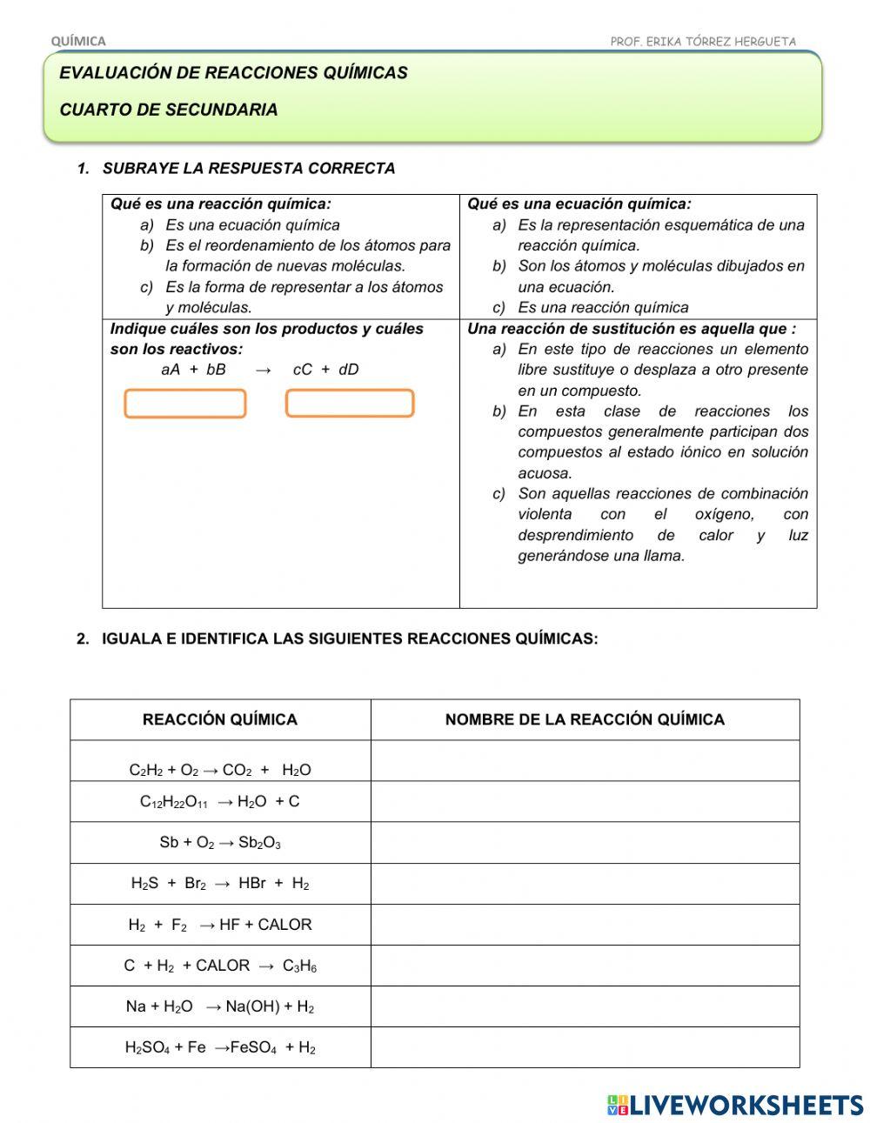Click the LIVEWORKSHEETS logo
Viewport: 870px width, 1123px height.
pyautogui.click(x=735, y=1105)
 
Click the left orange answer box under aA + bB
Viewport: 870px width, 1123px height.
pyautogui.click(x=185, y=404)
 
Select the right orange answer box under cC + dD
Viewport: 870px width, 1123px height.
pyautogui.click(x=350, y=404)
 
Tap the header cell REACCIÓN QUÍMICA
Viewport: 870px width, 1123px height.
pyautogui.click(x=220, y=719)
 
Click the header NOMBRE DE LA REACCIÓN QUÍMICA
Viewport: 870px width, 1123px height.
pyautogui.click(x=585, y=719)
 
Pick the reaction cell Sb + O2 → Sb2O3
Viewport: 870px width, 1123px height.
pyautogui.click(x=220, y=843)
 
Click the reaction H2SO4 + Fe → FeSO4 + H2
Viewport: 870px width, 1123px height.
pyautogui.click(x=220, y=1047)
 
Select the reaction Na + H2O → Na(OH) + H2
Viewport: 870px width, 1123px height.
pyautogui.click(x=220, y=1006)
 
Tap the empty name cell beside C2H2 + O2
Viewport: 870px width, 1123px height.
pyautogui.click(x=585, y=761)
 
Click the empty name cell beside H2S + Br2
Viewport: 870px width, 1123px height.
pyautogui.click(x=585, y=884)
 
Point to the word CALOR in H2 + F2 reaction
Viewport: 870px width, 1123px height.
pyautogui.click(x=284, y=925)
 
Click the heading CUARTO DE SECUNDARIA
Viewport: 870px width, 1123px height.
pyautogui.click(x=169, y=110)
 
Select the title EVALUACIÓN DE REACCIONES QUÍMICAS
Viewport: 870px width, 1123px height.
pyautogui.click(x=233, y=73)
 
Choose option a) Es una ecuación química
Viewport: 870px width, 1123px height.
pyautogui.click(x=252, y=225)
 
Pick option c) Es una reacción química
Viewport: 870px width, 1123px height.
pyautogui.click(x=602, y=307)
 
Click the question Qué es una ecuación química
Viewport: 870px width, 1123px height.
pyautogui.click(x=579, y=204)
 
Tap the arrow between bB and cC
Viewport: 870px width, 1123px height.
pyautogui.click(x=264, y=370)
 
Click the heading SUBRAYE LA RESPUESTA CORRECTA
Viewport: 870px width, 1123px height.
pyautogui.click(x=249, y=169)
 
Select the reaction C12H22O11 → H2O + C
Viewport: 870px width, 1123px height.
pyautogui.click(x=220, y=802)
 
